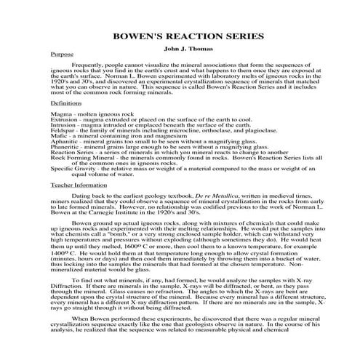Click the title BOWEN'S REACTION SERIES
[180, 36]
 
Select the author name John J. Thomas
[180, 48]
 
